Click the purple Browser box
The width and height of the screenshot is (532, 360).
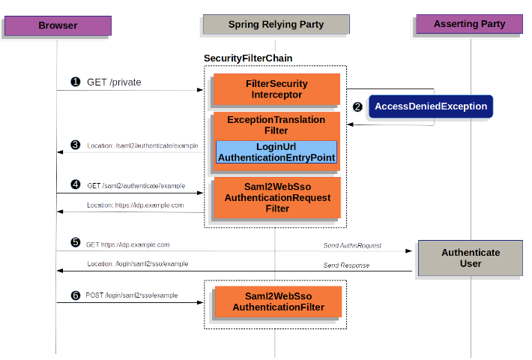pyautogui.click(x=57, y=25)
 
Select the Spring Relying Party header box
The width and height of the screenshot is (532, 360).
pyautogui.click(x=276, y=25)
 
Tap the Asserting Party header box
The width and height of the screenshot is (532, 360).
pyautogui.click(x=470, y=24)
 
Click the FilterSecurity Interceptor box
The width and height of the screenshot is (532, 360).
pyautogui.click(x=276, y=89)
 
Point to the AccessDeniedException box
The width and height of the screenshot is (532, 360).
pyautogui.click(x=430, y=106)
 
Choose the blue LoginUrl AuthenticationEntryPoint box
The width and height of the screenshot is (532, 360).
pyautogui.click(x=276, y=151)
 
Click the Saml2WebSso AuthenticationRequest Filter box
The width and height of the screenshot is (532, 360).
pyautogui.click(x=276, y=197)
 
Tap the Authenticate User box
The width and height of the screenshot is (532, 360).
pyautogui.click(x=470, y=258)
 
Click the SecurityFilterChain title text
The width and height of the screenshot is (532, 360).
pyautogui.click(x=248, y=58)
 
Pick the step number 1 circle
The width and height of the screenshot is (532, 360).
pyautogui.click(x=75, y=82)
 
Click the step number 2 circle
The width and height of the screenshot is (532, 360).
pyautogui.click(x=357, y=106)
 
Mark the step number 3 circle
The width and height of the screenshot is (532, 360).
pyautogui.click(x=75, y=145)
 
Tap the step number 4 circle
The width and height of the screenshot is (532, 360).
pyautogui.click(x=75, y=184)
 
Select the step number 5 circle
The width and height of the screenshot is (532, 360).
pyautogui.click(x=75, y=243)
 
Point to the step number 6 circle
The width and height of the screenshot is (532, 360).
pyautogui.click(x=75, y=295)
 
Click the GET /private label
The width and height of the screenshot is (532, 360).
pyautogui.click(x=114, y=82)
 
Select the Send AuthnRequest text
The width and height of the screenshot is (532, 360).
pyautogui.click(x=352, y=245)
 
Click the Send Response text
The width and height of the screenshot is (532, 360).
pyautogui.click(x=346, y=265)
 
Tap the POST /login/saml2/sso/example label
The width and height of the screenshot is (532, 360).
pyautogui.click(x=132, y=295)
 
